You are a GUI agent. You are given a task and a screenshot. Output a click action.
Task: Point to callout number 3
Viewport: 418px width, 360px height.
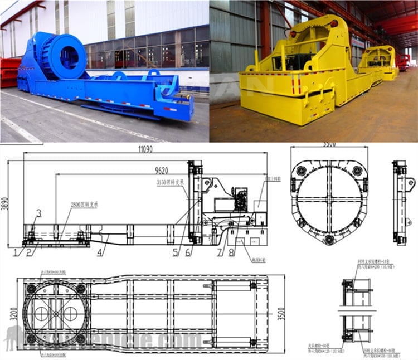(x=38, y=212)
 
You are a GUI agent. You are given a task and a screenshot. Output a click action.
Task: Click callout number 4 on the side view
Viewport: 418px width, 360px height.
(x=99, y=252)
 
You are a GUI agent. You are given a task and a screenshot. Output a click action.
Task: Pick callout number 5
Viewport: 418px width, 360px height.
(x=176, y=252)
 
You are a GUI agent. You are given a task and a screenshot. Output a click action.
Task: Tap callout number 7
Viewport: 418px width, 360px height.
(x=220, y=252)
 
